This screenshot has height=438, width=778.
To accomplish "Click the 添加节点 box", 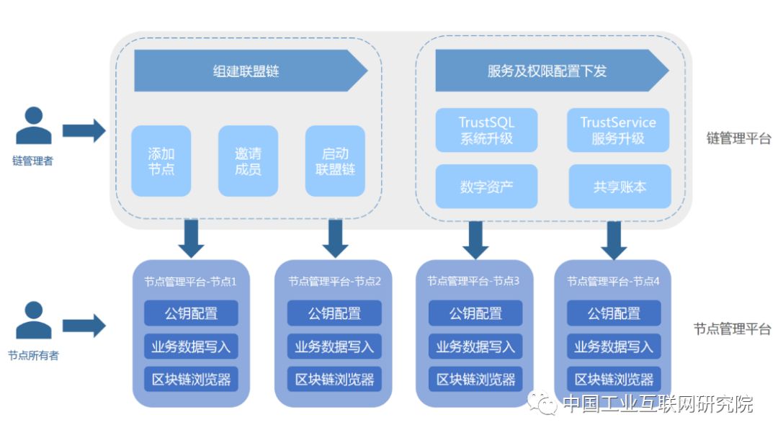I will point(161,161).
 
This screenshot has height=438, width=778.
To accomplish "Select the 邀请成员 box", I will point(248,161).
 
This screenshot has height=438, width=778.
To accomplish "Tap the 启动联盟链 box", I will point(335,161).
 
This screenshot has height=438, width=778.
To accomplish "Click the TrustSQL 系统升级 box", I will point(486,130).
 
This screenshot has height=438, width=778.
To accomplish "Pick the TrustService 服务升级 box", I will point(618,130).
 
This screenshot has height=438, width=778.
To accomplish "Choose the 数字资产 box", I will point(486,187).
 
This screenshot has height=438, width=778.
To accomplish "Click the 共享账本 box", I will point(620,187).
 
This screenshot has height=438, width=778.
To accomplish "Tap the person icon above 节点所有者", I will point(33,321).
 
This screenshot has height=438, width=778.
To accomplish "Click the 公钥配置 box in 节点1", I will point(191,313).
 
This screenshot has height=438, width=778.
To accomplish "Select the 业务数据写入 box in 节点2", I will point(334,347).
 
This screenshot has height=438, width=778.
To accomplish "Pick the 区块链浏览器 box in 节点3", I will point(475,379).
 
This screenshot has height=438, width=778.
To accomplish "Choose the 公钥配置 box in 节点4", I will point(614,313).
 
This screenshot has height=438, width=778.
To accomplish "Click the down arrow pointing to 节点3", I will point(475,239).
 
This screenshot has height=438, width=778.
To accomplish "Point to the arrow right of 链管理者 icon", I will point(84,130).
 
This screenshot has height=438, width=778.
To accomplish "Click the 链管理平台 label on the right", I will point(738,138).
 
